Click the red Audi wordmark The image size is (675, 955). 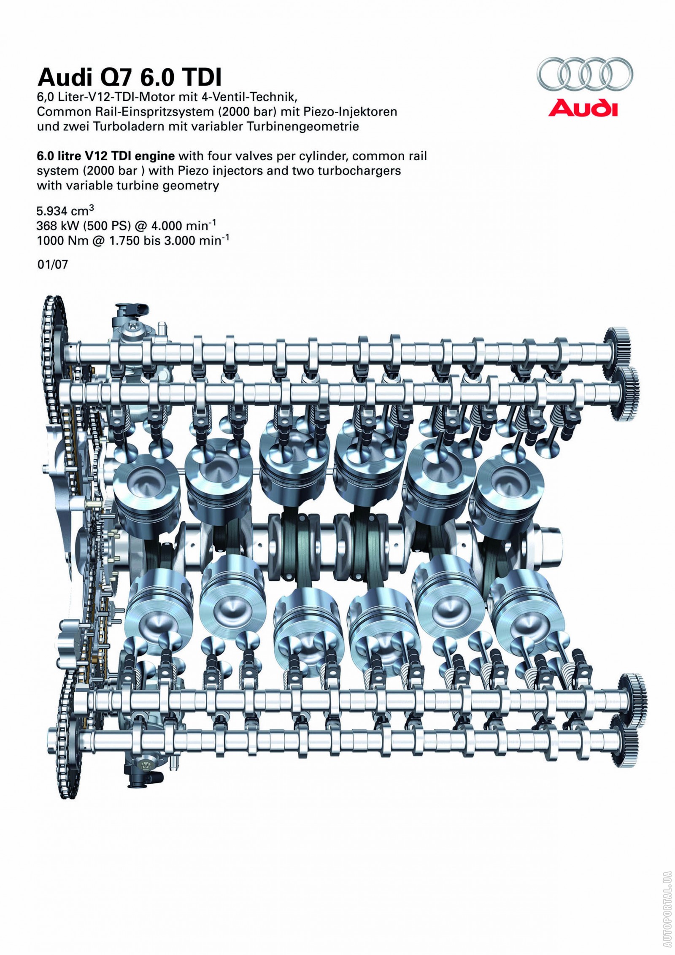point(583,108)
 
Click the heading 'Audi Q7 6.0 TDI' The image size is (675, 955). point(129,78)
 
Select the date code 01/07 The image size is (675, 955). point(52,265)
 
